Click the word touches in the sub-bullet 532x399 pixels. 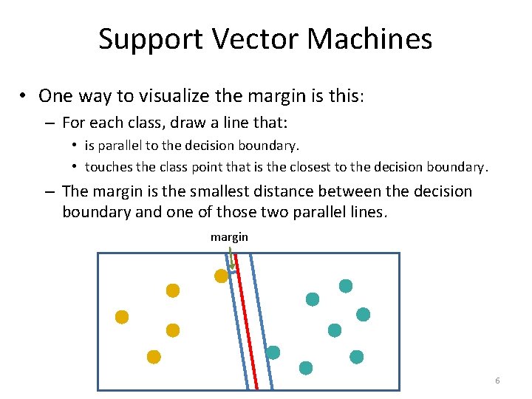(109, 167)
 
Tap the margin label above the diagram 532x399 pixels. (229, 237)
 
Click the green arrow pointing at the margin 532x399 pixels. (231, 258)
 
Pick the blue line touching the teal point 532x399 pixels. (262, 325)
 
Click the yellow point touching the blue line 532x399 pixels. (220, 276)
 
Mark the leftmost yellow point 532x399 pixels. (122, 317)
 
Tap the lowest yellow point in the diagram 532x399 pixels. (154, 357)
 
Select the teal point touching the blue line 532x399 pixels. (273, 352)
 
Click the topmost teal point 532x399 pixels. (345, 286)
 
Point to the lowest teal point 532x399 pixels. (305, 367)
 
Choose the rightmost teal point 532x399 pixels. (363, 314)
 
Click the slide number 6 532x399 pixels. (497, 381)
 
